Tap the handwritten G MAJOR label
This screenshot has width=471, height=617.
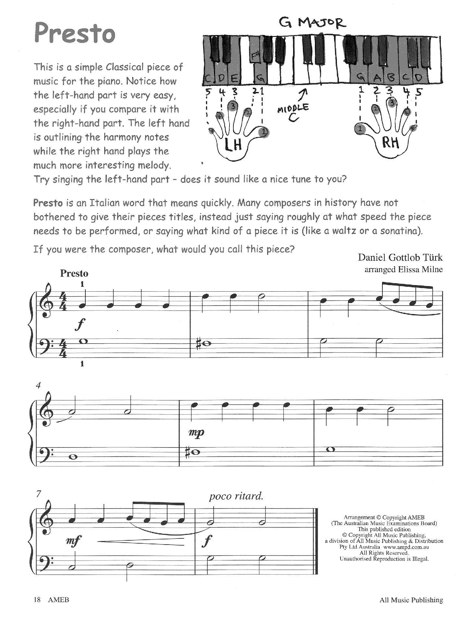(312, 23)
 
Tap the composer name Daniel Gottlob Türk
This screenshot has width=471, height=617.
(400, 258)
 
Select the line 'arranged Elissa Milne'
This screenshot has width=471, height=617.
(403, 269)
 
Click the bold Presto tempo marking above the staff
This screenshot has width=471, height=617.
(74, 273)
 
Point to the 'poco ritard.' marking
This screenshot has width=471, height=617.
(236, 496)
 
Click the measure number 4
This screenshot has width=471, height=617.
(39, 385)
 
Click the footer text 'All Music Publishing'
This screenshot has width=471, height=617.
(411, 600)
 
